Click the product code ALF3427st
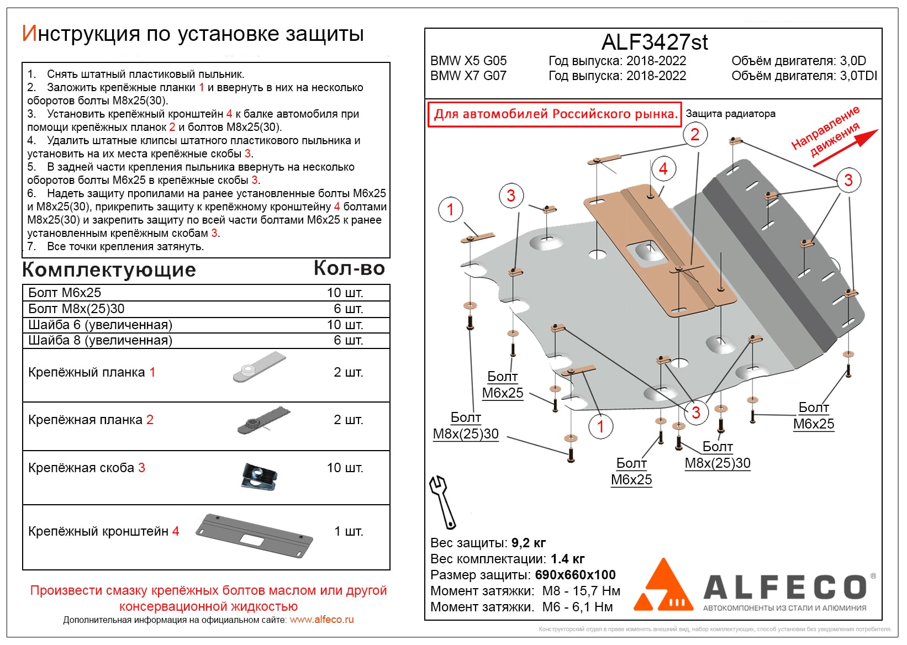[654, 42]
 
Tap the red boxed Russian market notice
[555, 114]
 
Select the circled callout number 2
[695, 134]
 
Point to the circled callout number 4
[663, 169]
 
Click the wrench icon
[442, 502]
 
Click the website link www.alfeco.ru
[321, 620]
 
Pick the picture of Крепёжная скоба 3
[259, 475]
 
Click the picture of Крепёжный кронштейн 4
[255, 534]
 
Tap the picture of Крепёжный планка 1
[259, 368]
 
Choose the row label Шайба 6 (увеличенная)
[101, 325]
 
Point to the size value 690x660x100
[575, 575]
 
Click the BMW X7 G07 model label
[468, 76]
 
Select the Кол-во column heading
[349, 268]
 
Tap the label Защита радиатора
[730, 114]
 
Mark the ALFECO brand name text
[785, 588]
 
